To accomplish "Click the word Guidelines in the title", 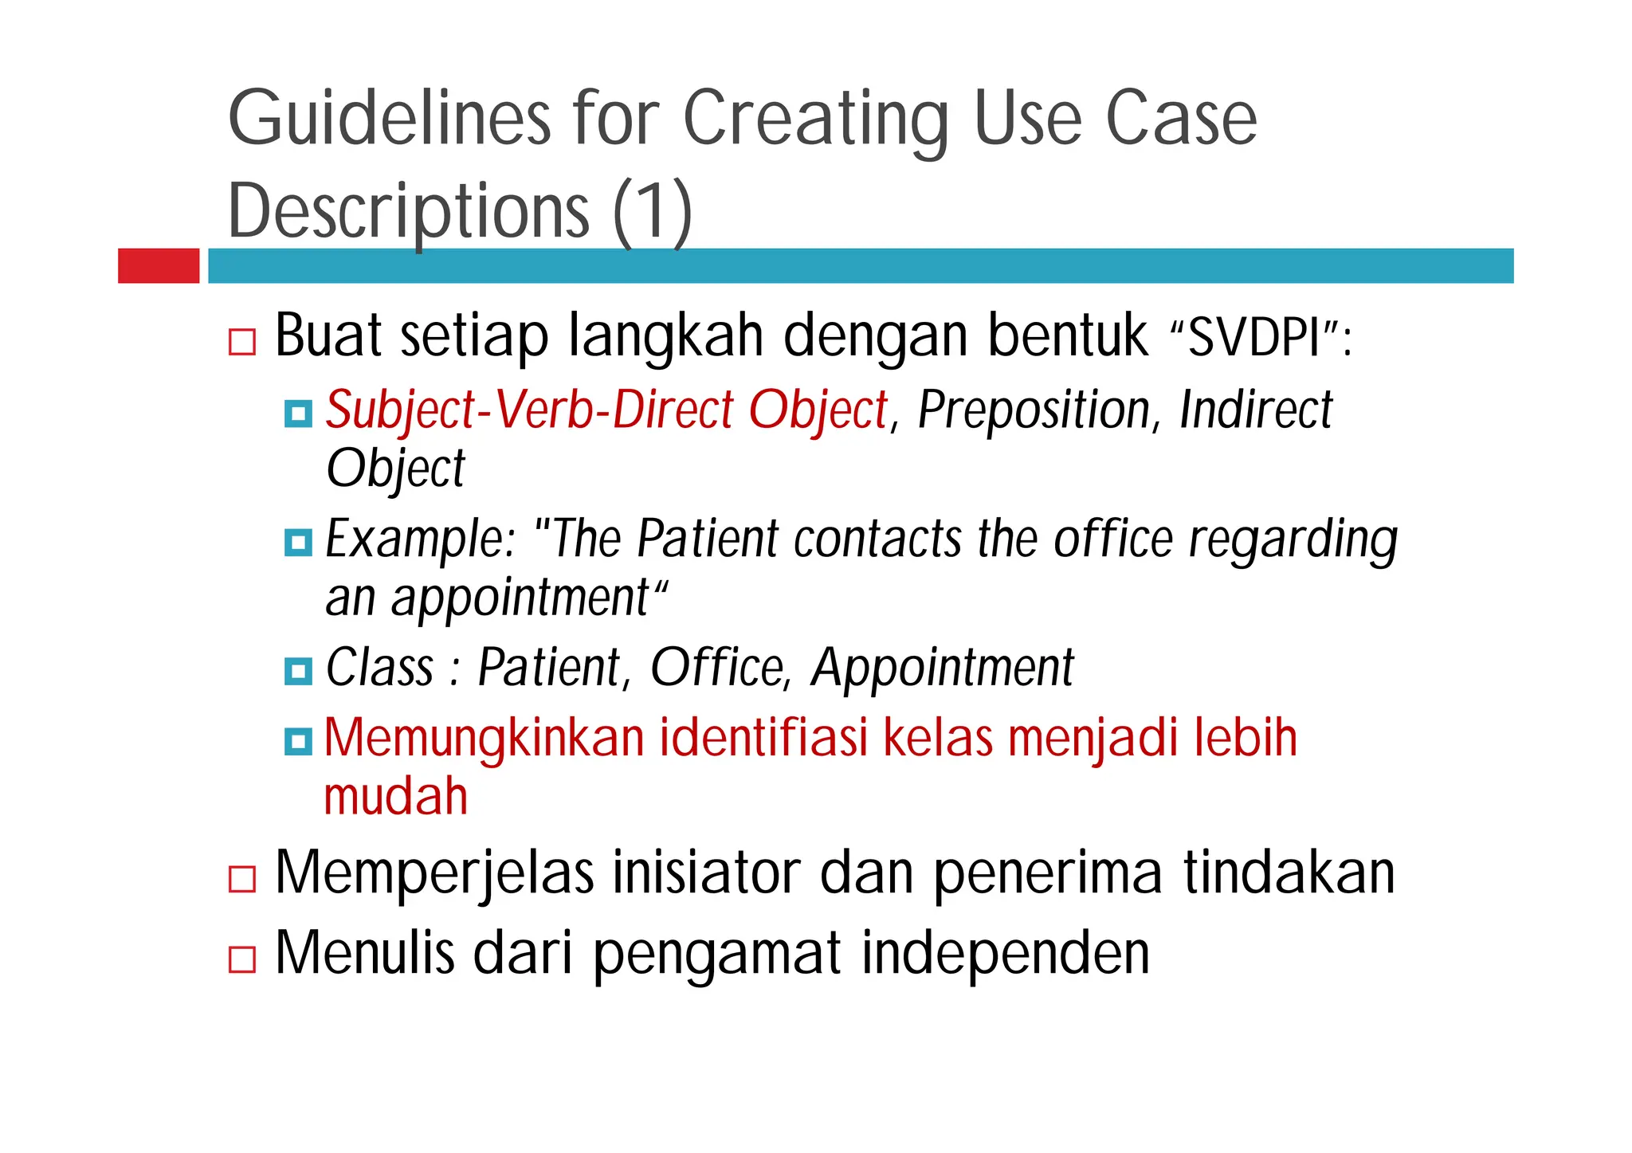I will (389, 120).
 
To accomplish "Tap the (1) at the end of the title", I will (652, 212).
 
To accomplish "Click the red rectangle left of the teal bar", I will (159, 265).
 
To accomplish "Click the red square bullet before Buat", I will (242, 342).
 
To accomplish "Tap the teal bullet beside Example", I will (298, 543).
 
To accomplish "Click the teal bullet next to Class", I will (298, 671).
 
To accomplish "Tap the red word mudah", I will (396, 797).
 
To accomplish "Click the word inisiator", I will (705, 873).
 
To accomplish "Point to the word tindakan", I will (1289, 873).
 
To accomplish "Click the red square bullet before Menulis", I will (242, 959).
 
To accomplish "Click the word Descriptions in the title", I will (409, 212).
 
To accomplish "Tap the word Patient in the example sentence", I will (708, 539).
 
